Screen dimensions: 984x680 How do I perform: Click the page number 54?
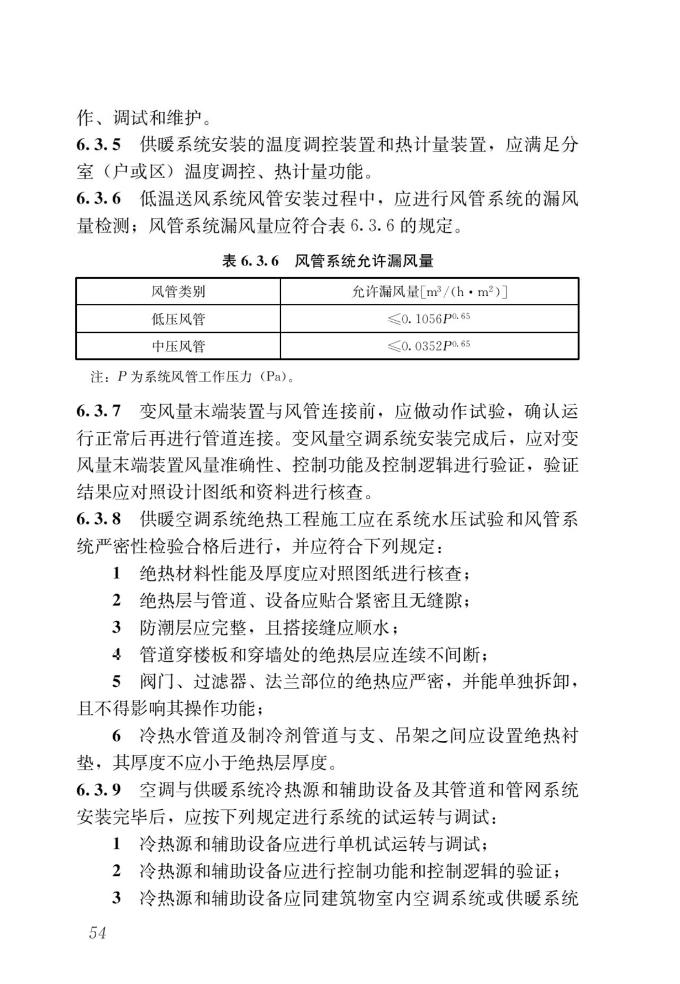tap(98, 932)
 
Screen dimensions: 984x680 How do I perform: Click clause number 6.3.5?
tap(99, 144)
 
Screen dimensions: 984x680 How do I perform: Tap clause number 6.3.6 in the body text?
tap(99, 199)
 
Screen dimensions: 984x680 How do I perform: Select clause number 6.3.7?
tap(99, 411)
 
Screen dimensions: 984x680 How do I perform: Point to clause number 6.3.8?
tap(99, 519)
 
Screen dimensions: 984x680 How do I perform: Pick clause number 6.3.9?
tap(99, 790)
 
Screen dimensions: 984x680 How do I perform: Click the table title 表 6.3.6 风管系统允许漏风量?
tap(327, 261)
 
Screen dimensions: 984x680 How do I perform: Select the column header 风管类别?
tap(178, 292)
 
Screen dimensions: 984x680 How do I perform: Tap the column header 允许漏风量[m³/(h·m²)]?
tap(429, 292)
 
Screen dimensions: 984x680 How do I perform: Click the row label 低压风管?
tap(178, 319)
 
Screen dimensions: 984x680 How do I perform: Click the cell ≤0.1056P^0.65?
tap(429, 319)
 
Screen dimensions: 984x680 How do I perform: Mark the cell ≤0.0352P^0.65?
tap(429, 346)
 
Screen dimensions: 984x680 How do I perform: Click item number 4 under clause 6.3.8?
tap(117, 654)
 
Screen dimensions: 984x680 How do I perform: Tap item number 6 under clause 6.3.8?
tap(117, 735)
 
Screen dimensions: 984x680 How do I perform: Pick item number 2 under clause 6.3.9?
tap(117, 871)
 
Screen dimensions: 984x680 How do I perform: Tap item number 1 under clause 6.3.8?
tap(117, 573)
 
